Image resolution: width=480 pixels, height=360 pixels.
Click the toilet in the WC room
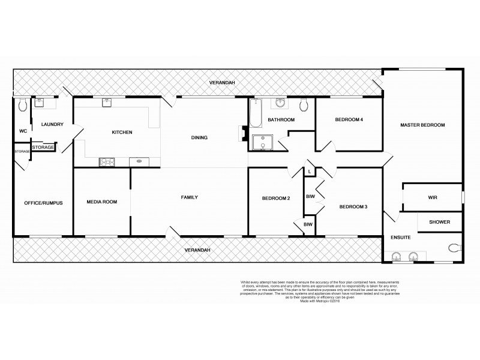(22, 106)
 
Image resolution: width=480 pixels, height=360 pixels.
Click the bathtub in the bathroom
(255, 115)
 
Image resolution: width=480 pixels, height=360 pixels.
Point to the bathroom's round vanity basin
(280, 104)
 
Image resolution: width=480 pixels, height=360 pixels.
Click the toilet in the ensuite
(455, 247)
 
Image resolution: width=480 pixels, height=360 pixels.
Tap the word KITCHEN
(122, 132)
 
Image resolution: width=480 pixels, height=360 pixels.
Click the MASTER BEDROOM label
(422, 125)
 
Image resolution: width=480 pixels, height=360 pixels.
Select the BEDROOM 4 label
(349, 120)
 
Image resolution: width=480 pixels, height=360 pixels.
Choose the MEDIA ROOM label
(101, 202)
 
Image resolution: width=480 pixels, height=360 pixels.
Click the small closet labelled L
(308, 172)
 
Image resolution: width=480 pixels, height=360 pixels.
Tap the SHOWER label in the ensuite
(439, 222)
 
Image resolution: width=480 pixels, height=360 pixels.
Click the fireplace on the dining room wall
(243, 134)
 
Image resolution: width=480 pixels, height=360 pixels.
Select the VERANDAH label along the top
(221, 82)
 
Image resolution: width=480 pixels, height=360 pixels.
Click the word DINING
(199, 137)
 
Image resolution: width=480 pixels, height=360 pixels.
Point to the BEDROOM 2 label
(276, 199)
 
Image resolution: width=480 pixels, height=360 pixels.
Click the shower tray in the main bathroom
(263, 144)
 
